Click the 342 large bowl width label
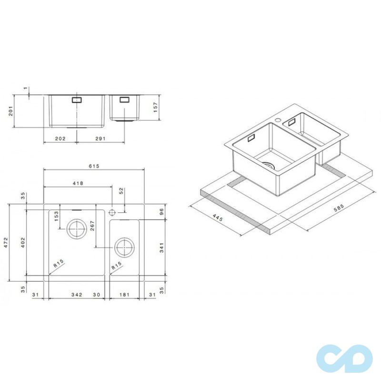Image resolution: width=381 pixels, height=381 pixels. (x=77, y=295)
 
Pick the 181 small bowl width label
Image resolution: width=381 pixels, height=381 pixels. (x=125, y=295)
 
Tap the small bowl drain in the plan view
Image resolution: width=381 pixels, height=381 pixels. (x=124, y=248)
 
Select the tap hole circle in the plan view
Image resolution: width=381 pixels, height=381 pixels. (x=113, y=211)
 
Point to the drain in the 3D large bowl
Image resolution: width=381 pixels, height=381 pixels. (x=270, y=165)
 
